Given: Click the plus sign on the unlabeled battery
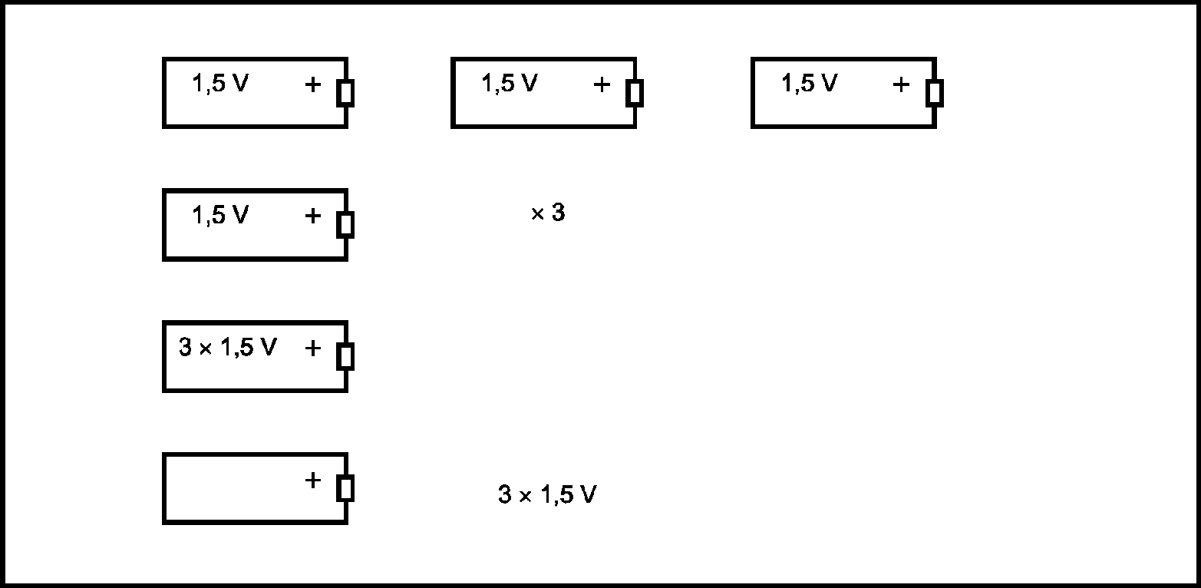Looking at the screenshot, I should (x=312, y=481).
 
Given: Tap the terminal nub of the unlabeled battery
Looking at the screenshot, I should (x=346, y=488).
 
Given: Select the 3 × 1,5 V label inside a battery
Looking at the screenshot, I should (x=227, y=348).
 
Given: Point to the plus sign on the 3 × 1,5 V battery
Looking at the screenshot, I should (x=312, y=349).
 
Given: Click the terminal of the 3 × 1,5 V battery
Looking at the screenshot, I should (x=346, y=357).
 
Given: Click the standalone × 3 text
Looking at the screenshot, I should (x=548, y=213).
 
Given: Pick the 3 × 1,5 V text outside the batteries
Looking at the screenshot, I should (x=547, y=495).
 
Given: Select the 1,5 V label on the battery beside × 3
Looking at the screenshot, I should (x=220, y=216).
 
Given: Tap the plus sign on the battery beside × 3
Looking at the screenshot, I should (x=312, y=216).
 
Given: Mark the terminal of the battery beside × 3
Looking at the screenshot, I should (x=346, y=225).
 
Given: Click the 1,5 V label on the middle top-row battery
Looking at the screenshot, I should (x=510, y=84).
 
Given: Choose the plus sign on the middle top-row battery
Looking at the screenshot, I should (x=602, y=84).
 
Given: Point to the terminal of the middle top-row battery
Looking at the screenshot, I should (x=635, y=93).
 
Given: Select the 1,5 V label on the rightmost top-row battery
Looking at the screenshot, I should (x=809, y=84).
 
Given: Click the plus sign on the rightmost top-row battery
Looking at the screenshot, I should (x=901, y=84).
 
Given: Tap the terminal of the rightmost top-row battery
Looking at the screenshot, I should (x=934, y=93).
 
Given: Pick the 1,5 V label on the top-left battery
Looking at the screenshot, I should (x=220, y=84).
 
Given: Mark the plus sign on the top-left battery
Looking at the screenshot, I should (x=312, y=84).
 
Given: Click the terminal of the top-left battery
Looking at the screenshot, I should (x=346, y=93).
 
